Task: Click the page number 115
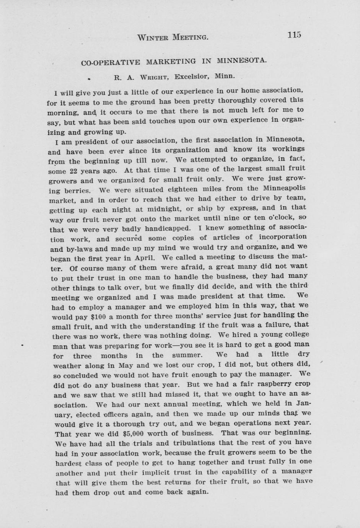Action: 294,35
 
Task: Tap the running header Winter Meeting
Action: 173,37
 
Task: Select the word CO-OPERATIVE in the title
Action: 111,62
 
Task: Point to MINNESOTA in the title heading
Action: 242,60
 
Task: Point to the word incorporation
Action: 282,237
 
